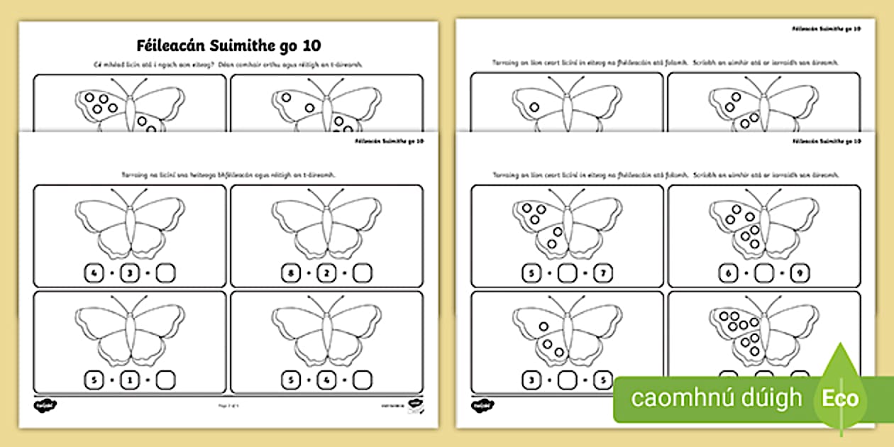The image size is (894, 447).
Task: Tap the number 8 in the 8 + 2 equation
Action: tap(289, 272)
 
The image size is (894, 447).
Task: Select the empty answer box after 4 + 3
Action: tap(165, 272)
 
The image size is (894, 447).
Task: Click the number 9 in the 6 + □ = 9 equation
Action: tap(800, 272)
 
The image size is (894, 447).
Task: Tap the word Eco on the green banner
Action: tap(841, 398)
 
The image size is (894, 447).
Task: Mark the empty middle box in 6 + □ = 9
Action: tap(763, 272)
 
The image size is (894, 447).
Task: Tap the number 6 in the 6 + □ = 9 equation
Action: tap(727, 272)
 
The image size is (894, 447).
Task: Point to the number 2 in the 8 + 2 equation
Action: tap(326, 272)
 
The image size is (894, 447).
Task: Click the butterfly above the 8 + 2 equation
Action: tap(326, 226)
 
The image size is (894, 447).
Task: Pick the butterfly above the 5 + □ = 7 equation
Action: tap(567, 226)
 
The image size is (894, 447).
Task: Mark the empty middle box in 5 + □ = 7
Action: tap(567, 272)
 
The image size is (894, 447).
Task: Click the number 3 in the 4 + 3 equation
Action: tap(129, 272)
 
